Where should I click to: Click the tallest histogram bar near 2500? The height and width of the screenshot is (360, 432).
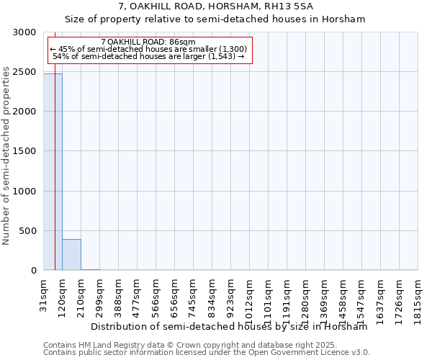[x=53, y=173]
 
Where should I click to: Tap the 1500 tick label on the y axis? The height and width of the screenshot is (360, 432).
[x=27, y=151]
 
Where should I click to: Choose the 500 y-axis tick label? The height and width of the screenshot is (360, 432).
[x=30, y=231]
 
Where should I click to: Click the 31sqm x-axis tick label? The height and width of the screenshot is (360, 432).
[x=44, y=293]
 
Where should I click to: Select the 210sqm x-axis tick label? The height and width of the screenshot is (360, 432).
[x=81, y=293]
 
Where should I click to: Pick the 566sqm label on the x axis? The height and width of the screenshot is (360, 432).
[x=156, y=293]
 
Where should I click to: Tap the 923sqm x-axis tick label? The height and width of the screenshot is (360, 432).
[x=231, y=293]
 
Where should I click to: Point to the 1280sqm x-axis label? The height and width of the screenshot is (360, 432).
[x=306, y=296]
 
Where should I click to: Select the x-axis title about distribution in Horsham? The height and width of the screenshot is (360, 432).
[x=229, y=327]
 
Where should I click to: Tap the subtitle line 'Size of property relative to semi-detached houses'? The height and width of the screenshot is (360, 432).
[x=216, y=19]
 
